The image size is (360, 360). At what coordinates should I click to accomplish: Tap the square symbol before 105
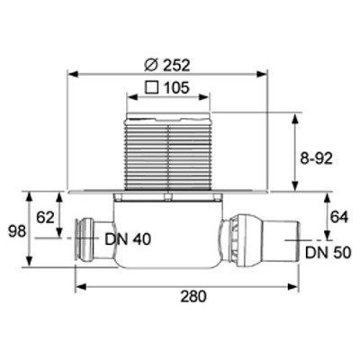[x=149, y=91]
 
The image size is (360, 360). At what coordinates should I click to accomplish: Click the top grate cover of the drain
[x=167, y=114]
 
